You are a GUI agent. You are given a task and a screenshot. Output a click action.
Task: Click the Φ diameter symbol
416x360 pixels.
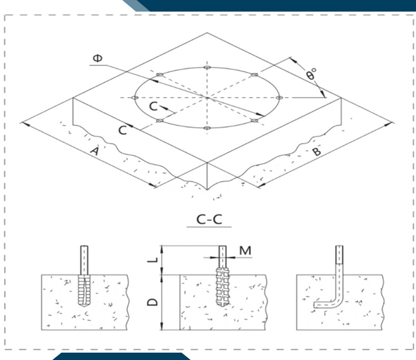pos(97,58)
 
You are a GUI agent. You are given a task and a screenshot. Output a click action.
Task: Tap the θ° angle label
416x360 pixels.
pos(311,74)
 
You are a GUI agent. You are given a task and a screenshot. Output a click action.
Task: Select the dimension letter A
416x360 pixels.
pos(95,151)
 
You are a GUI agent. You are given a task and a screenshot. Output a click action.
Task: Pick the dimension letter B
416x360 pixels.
pos(316,151)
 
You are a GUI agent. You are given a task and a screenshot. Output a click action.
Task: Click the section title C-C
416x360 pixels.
pos(209,219)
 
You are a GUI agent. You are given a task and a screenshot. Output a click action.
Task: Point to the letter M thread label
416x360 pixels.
pos(245,250)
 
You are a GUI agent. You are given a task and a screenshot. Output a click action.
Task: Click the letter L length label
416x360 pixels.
pos(153,260)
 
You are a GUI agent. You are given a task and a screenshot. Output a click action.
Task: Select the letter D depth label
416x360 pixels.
pos(153,302)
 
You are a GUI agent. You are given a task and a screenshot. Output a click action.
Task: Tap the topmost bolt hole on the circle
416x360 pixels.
pos(207,67)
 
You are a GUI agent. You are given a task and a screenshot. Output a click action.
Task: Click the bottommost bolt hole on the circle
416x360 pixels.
pos(207,128)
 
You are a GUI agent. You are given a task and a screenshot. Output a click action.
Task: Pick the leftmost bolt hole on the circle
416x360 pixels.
pos(135,98)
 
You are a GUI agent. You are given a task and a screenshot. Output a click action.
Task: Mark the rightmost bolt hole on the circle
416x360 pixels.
pos(280,98)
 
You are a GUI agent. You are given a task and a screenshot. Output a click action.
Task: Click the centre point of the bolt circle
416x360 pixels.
pos(207,98)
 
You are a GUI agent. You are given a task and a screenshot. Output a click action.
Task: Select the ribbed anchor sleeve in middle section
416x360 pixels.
pos(222,287)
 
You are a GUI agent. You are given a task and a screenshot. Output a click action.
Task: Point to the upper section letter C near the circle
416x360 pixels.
pos(154,106)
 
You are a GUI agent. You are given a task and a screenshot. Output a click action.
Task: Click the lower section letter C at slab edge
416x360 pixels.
pos(122,130)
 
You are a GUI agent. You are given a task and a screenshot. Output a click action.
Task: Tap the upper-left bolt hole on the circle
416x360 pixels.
pos(160,75)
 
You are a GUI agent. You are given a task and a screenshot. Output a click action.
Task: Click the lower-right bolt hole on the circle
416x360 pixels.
pos(255,121)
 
